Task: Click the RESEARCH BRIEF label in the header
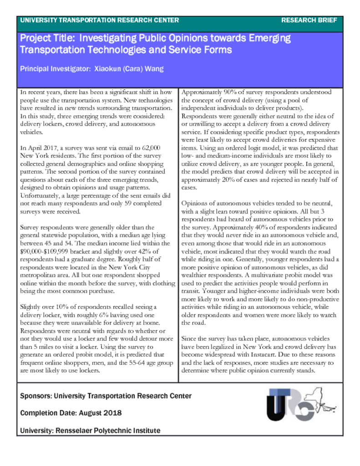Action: pyautogui.click(x=309, y=20)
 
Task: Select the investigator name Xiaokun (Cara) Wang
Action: pyautogui.click(x=129, y=69)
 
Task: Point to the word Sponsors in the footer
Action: pyautogui.click(x=35, y=396)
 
